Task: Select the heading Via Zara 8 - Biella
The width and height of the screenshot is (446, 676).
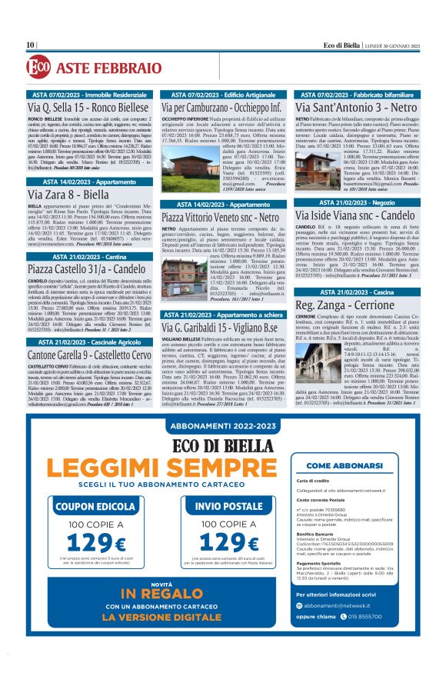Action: coord(70,194)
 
